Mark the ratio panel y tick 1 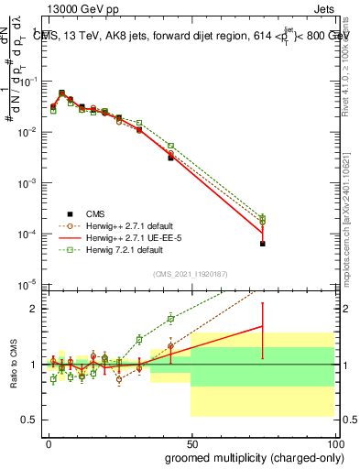(x=35, y=365)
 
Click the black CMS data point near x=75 (x=263, y=244)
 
